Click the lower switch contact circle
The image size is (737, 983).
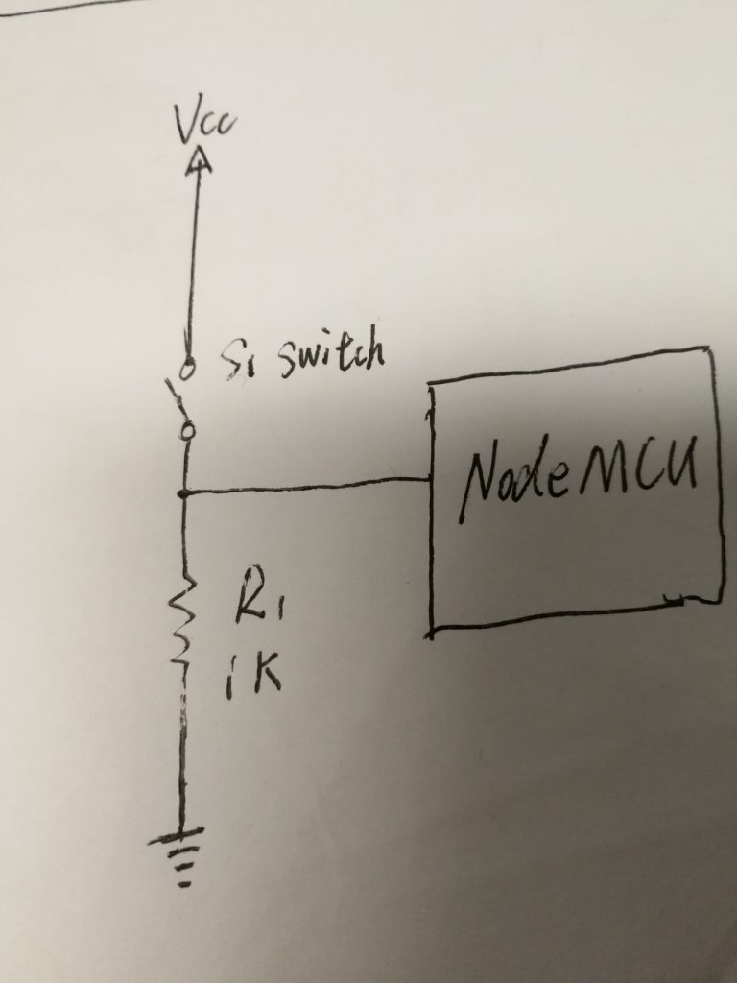(188, 434)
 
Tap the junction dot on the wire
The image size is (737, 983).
(183, 493)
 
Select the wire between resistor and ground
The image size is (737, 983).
(180, 758)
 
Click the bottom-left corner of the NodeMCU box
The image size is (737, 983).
(431, 633)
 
